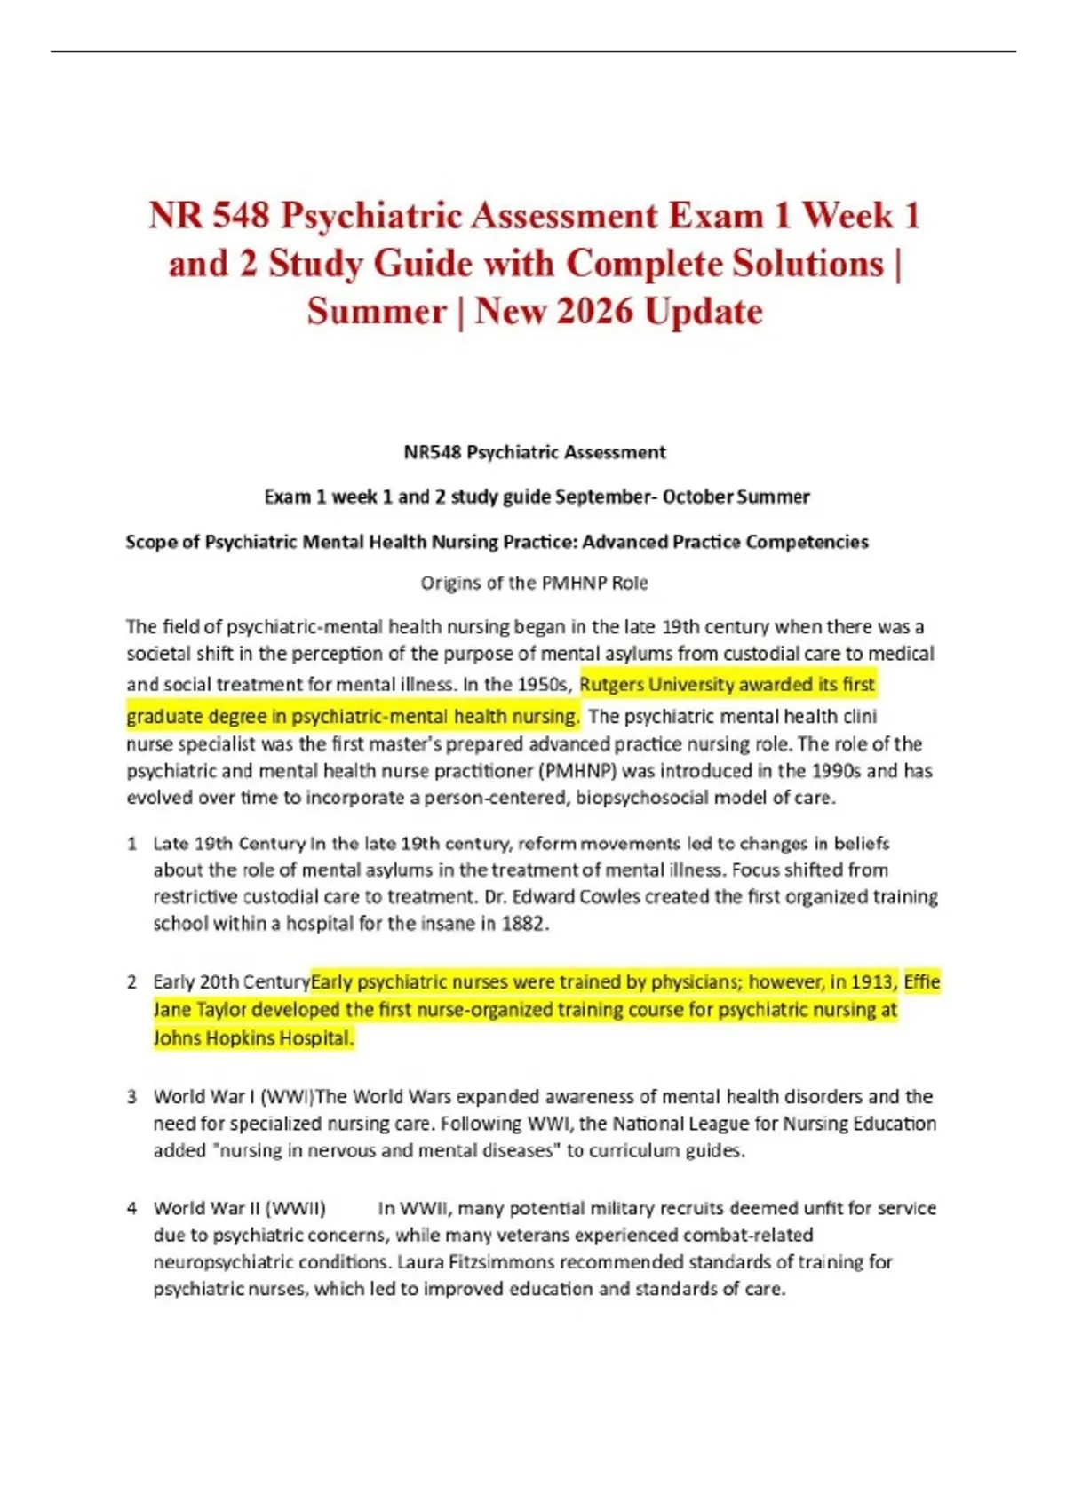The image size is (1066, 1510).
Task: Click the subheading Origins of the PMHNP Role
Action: (534, 584)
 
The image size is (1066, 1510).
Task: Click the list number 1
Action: (131, 844)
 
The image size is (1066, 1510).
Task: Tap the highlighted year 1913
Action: (873, 982)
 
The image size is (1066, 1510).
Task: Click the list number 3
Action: (131, 1097)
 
